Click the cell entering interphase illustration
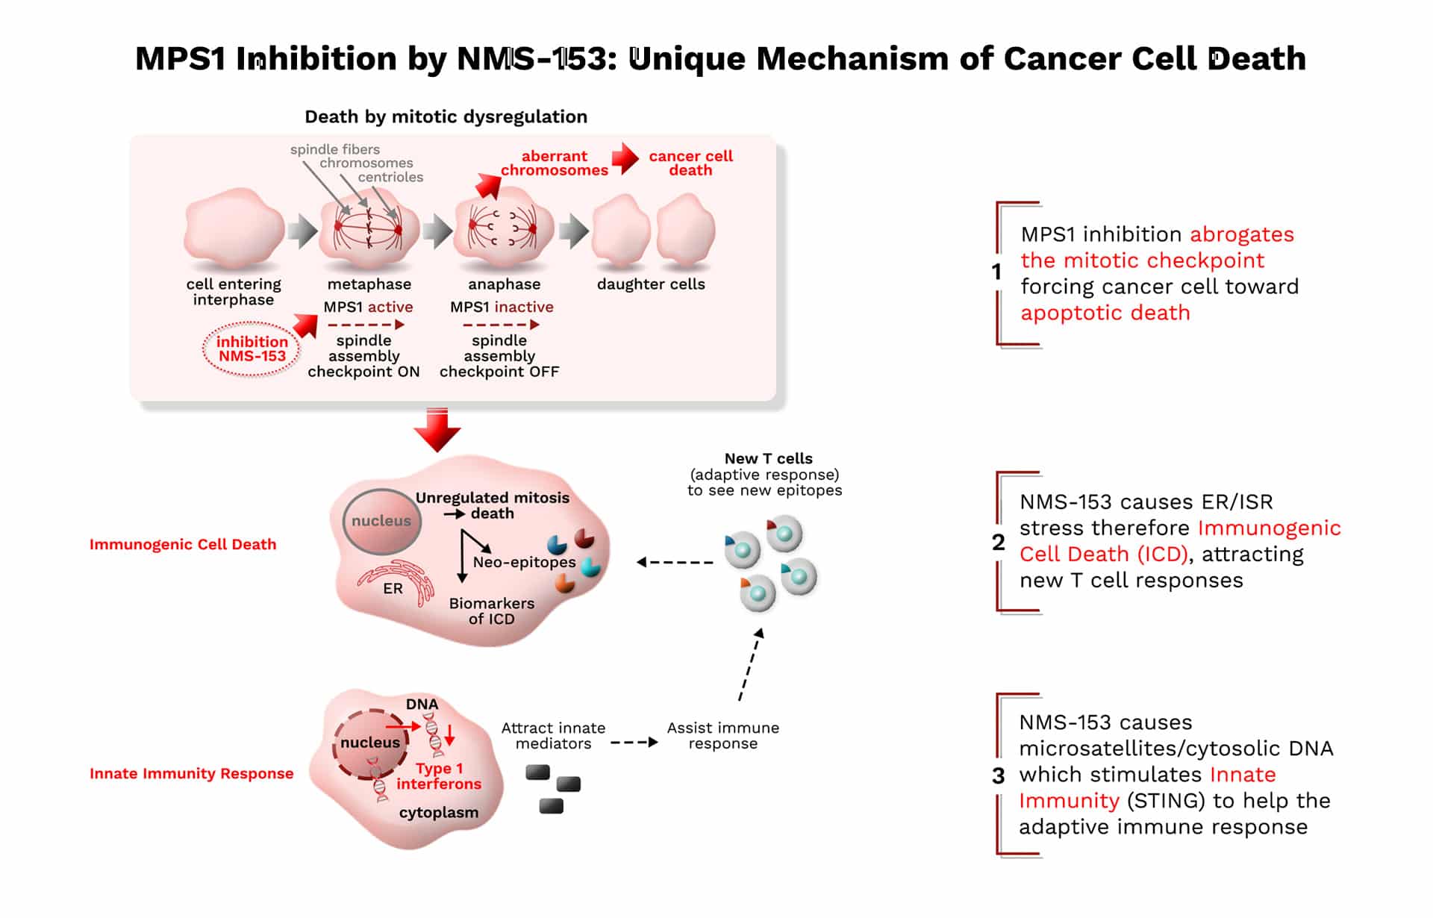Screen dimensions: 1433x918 click(234, 228)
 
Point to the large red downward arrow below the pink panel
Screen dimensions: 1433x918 click(437, 430)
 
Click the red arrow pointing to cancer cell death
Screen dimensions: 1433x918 click(625, 158)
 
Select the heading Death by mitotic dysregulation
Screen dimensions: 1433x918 click(446, 116)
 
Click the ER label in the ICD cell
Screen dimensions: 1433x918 click(393, 588)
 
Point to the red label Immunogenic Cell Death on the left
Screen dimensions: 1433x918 click(183, 544)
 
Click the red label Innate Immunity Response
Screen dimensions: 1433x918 click(192, 773)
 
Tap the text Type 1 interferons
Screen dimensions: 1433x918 click(439, 776)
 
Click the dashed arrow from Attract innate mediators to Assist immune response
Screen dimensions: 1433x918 click(634, 743)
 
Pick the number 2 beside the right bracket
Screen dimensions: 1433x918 click(999, 543)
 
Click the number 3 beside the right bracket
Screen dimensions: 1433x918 click(999, 776)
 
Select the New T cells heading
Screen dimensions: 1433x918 click(769, 458)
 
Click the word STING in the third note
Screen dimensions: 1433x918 click(1166, 801)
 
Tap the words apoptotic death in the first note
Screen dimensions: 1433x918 click(1105, 313)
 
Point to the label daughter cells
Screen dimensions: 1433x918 click(651, 284)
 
